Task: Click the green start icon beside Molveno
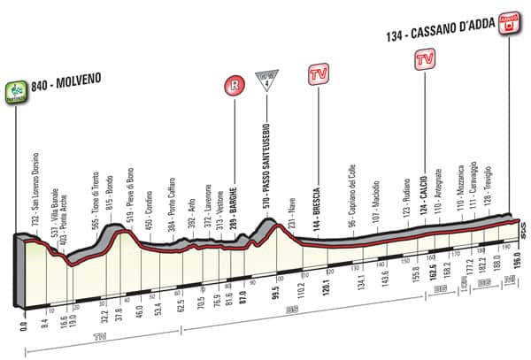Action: [16, 89]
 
